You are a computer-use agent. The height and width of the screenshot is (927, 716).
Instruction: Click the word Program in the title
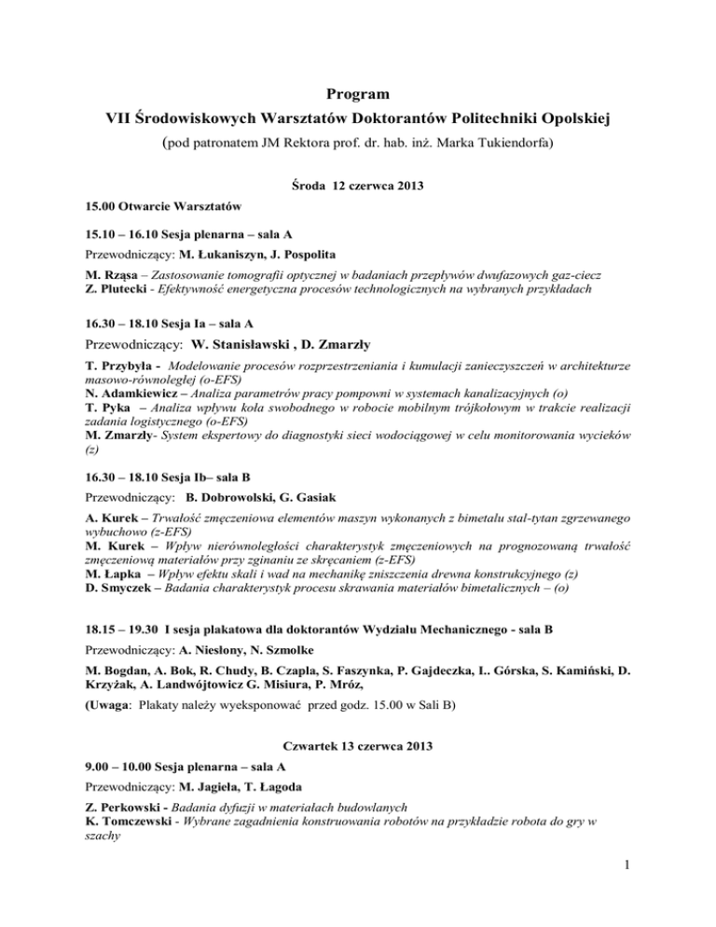(358, 93)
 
